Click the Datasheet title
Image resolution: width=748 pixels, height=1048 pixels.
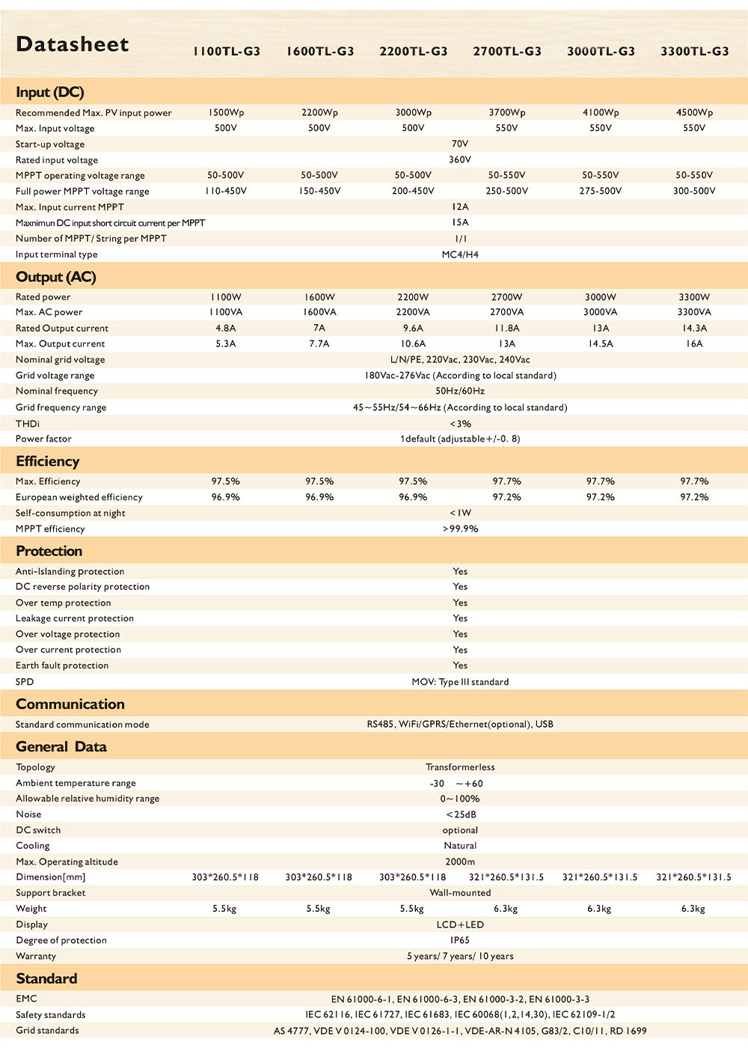pos(73,44)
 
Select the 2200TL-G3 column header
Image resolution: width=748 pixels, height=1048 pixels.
pos(413,51)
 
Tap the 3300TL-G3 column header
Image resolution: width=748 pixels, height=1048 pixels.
pos(694,51)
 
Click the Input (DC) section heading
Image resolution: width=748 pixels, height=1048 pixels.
pos(49,92)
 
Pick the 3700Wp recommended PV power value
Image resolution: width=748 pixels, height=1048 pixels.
pos(506,112)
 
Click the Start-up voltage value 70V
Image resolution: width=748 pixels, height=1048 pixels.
pos(460,144)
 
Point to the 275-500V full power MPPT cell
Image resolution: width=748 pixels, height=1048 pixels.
pos(600,191)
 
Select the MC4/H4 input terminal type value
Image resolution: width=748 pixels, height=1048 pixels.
pos(460,255)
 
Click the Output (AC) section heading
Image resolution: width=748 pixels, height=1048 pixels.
pos(55,277)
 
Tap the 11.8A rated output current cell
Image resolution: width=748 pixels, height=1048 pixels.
pos(506,328)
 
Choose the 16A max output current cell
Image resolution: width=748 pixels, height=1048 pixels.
pos(694,344)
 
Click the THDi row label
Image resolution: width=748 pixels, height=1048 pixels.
pos(28,424)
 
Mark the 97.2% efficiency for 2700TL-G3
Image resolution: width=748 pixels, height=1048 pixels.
pos(506,497)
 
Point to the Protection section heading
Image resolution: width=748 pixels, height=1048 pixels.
pos(49,551)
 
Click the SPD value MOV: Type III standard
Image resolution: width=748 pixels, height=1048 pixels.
pos(460,682)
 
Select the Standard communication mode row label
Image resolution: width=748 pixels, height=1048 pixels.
pos(82,725)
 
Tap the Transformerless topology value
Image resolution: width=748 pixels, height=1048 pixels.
pos(460,767)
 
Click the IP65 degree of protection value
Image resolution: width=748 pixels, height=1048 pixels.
pos(460,940)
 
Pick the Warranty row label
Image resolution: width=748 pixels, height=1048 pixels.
pos(36,956)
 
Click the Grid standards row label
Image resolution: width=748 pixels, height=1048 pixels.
pos(47,1031)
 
